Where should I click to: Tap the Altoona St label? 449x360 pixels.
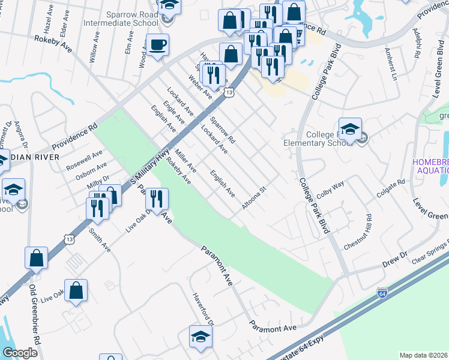(253, 197)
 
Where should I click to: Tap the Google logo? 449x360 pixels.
(20, 353)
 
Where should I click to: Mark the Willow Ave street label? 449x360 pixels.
(94, 47)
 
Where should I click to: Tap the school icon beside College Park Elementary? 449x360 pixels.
(350, 130)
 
